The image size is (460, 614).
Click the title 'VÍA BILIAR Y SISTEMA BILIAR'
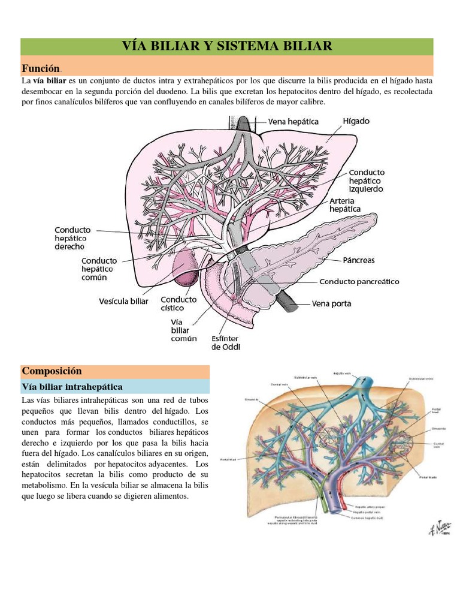point(226,46)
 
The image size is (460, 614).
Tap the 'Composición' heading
point(52,371)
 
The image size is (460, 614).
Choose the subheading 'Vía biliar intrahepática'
point(72,386)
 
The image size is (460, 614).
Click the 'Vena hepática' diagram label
point(293,122)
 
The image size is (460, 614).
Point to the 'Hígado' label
point(356,121)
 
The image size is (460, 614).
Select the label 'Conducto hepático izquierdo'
point(366,180)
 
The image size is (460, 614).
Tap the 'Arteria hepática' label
point(345,204)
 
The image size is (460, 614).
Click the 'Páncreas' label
point(359,260)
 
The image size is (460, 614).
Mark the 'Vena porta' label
point(331,303)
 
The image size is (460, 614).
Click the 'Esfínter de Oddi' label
point(226,342)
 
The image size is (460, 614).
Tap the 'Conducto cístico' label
point(178,303)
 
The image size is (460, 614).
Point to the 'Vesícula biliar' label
point(123,302)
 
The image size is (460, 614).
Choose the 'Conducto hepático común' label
point(99,269)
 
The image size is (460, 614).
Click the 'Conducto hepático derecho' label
point(72,238)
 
